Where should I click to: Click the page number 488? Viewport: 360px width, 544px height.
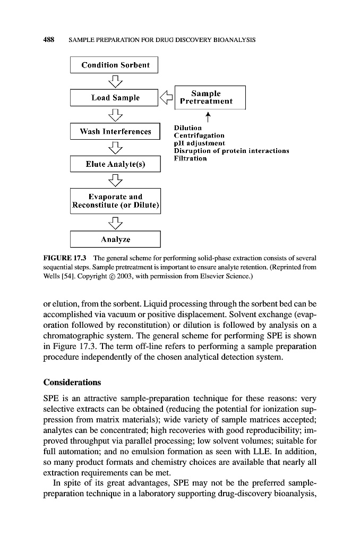pos(50,40)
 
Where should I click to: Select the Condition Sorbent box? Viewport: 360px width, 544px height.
pos(115,65)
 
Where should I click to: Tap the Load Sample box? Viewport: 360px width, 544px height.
pos(115,98)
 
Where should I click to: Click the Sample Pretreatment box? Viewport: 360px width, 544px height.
pos(210,97)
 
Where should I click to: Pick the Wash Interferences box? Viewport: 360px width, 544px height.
pos(115,131)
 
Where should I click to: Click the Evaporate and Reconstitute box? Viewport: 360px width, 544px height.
pos(115,201)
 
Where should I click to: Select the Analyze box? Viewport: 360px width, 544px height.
pos(115,239)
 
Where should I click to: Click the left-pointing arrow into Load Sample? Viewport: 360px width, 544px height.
pos(167,97)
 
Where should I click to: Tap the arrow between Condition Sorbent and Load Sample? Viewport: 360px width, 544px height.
pos(115,81)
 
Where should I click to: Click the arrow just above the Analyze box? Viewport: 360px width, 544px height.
pos(115,222)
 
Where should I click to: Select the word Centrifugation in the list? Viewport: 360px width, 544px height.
pos(199,135)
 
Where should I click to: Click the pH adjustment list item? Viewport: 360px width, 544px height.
pos(199,143)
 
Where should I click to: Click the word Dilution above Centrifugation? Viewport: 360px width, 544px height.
pos(187,128)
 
